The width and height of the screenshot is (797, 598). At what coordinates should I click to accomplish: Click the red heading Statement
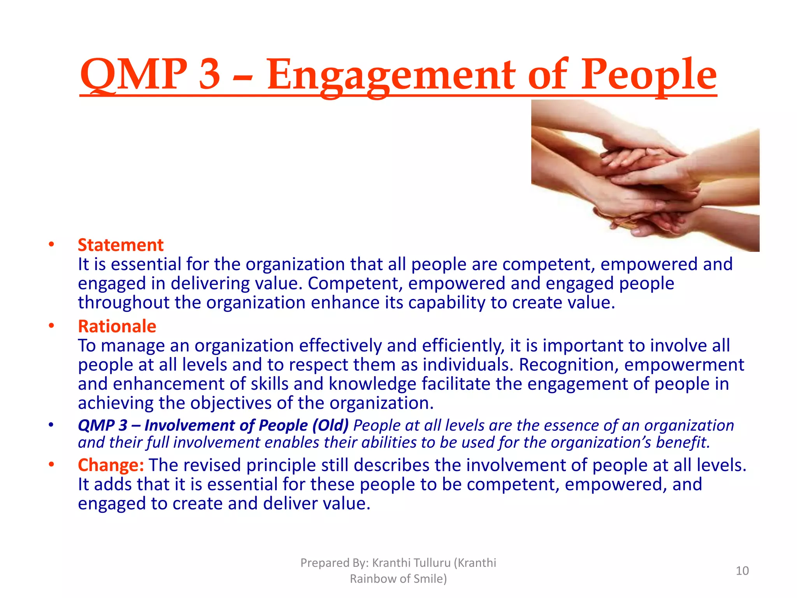click(x=121, y=245)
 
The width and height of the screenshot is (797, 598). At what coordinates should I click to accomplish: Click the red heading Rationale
click(x=117, y=326)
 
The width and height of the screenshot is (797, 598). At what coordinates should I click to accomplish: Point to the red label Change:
click(x=111, y=465)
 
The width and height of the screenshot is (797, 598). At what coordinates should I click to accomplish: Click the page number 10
click(x=742, y=571)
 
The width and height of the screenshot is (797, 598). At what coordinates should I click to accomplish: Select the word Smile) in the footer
click(x=430, y=579)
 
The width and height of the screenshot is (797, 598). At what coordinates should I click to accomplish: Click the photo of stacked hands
click(x=645, y=175)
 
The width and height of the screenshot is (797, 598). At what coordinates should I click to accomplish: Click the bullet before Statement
click(x=51, y=245)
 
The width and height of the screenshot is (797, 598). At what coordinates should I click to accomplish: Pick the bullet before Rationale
click(x=51, y=326)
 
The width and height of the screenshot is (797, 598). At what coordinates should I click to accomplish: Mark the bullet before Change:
click(x=51, y=464)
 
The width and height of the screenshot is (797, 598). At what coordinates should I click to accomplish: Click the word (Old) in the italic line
click(x=330, y=426)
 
